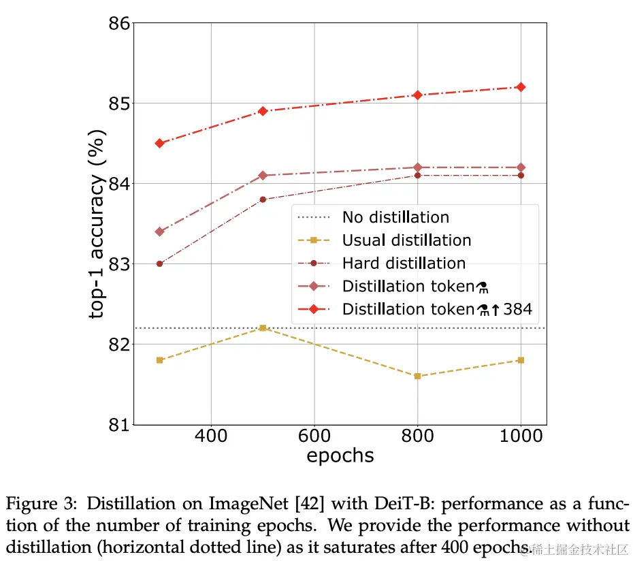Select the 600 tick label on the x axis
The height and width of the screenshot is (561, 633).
tap(314, 436)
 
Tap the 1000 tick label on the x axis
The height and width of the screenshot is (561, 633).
tap(521, 436)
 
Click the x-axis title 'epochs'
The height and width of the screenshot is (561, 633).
tap(340, 455)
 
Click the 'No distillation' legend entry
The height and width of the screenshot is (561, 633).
tap(395, 218)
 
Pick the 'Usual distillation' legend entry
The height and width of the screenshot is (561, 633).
tap(406, 240)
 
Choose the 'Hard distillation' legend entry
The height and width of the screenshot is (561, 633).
tap(404, 263)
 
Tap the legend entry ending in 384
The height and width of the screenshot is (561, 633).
tap(436, 309)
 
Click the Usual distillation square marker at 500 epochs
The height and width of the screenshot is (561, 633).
tap(263, 328)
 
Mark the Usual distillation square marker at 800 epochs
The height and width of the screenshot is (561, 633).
tap(417, 376)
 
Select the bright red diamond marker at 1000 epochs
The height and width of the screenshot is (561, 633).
tap(521, 87)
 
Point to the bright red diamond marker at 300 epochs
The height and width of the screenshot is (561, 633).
tap(159, 143)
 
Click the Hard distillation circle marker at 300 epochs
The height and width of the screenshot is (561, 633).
tap(159, 263)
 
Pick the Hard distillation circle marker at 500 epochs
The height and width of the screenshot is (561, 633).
tap(263, 199)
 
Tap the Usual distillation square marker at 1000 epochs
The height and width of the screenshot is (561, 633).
tap(521, 360)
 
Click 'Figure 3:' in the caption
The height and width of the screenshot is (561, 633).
tap(35, 506)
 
